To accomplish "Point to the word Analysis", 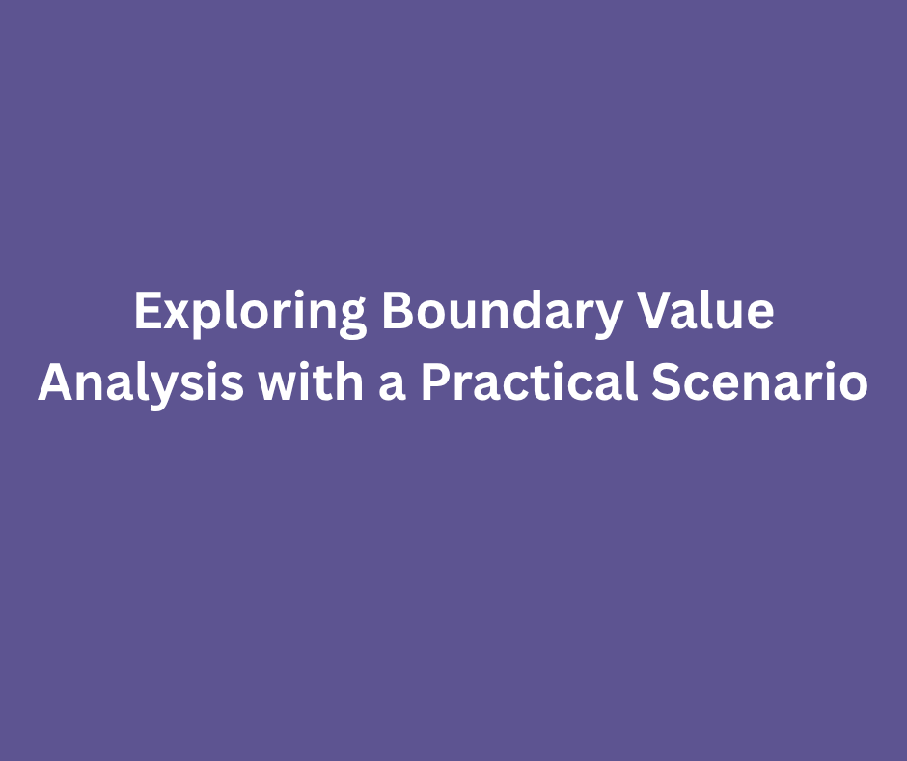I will tap(140, 384).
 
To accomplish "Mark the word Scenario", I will tap(759, 382).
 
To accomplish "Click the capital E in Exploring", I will tap(146, 313).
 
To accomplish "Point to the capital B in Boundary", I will tap(396, 313).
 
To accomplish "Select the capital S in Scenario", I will tap(665, 382).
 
